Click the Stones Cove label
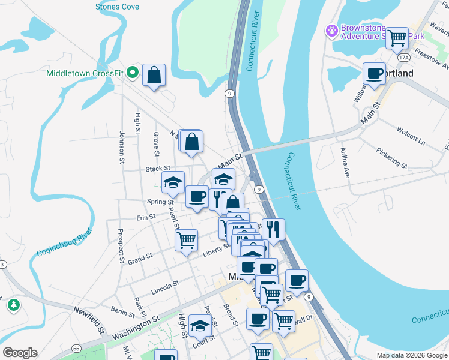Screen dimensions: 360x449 (117, 7)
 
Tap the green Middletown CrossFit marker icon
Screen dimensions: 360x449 (133, 74)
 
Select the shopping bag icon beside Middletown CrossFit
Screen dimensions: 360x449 (154, 76)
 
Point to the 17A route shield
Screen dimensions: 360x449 (403, 58)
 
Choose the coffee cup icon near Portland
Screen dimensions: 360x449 (375, 73)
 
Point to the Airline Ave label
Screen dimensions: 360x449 (345, 163)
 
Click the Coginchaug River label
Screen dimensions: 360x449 (64, 243)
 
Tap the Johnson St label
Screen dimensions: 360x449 (121, 148)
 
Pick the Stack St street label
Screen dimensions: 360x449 (158, 169)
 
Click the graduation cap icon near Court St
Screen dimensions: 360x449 (200, 326)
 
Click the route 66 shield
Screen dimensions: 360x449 (76, 348)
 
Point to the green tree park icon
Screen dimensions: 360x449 (13, 305)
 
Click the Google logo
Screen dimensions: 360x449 (20, 353)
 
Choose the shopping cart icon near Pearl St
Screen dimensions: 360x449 (186, 239)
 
